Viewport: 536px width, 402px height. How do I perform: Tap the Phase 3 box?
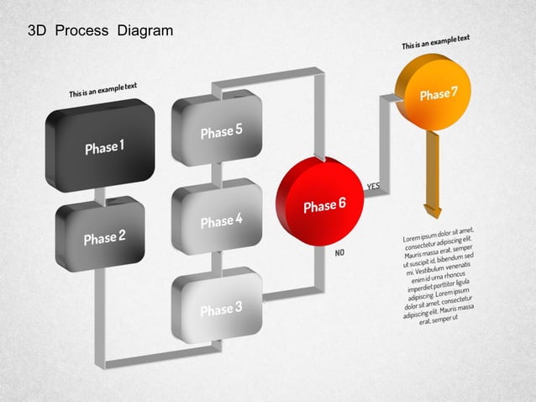(x=218, y=307)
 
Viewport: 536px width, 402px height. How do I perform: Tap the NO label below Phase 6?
(x=340, y=251)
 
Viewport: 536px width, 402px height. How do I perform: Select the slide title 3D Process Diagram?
(x=100, y=31)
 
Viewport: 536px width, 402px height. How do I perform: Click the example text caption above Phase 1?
(x=104, y=90)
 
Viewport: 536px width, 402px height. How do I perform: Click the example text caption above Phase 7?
(x=435, y=42)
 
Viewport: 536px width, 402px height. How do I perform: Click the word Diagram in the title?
(x=145, y=31)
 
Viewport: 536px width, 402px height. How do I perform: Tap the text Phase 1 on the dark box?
(x=105, y=148)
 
